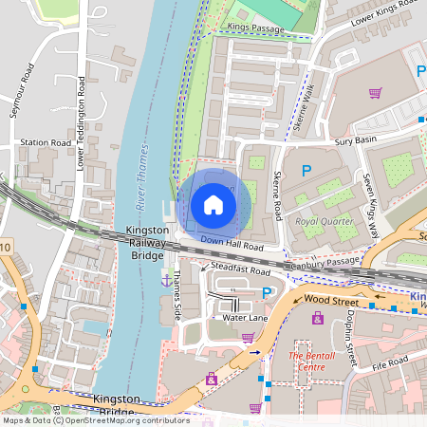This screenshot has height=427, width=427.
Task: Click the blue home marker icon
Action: click(x=213, y=204)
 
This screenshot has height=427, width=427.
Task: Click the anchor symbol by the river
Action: click(x=166, y=281)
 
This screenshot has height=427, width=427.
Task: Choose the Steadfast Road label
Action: click(x=241, y=269)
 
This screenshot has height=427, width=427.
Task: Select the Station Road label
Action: click(x=46, y=143)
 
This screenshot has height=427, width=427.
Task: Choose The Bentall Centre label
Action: click(x=313, y=362)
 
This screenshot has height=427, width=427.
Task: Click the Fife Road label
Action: click(x=389, y=362)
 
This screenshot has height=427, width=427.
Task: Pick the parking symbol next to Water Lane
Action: click(x=268, y=292)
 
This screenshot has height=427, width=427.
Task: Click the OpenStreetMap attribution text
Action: click(x=95, y=419)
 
